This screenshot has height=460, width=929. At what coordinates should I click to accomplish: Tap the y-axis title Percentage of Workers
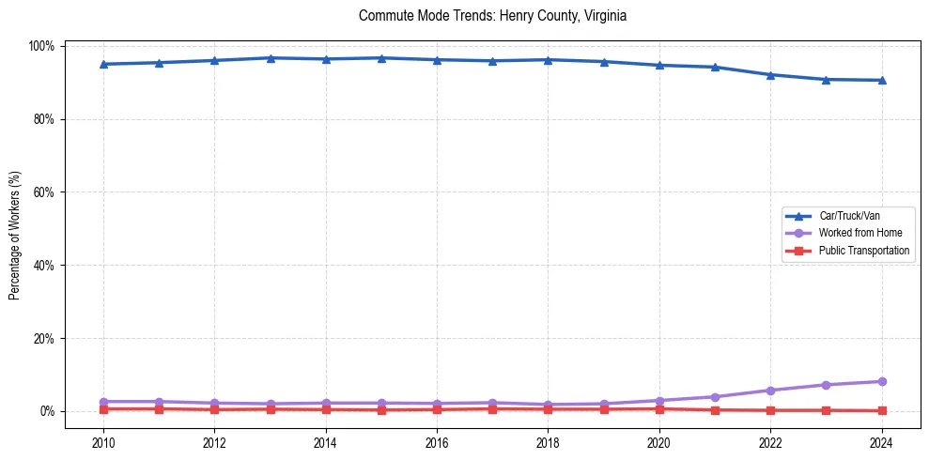15,229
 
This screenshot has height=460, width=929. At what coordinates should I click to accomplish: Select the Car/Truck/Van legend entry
849,216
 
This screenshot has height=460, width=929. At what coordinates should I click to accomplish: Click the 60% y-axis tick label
45,192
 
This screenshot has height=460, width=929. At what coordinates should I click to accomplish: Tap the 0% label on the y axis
48,411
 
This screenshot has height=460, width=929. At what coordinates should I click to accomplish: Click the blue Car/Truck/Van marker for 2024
881,80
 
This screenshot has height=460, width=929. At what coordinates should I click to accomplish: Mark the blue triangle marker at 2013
270,58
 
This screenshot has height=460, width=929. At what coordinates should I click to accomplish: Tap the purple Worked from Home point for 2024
881,381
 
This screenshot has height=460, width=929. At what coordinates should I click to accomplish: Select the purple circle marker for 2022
770,391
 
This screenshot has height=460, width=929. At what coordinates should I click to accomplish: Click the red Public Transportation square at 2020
658,408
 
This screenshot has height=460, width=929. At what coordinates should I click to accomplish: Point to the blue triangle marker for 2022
770,74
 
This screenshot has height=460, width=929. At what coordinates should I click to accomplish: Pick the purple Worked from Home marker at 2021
715,397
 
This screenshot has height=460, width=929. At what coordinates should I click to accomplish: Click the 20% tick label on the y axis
45,338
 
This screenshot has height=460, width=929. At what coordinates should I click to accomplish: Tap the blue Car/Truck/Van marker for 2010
103,64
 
